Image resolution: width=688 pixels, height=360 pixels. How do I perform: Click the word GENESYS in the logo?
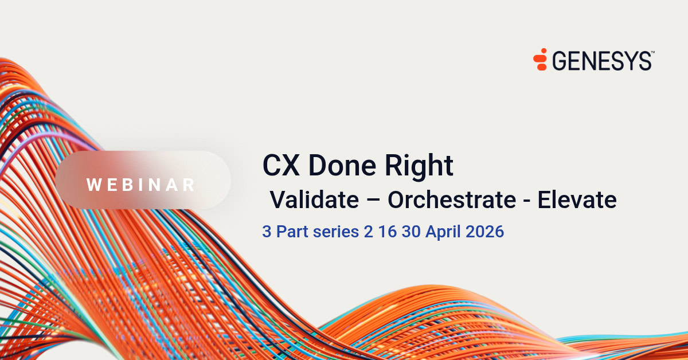601,60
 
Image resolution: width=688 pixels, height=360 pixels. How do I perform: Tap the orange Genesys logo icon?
540,60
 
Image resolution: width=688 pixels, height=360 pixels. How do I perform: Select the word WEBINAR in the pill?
141,185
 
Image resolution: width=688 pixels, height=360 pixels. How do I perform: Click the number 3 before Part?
267,232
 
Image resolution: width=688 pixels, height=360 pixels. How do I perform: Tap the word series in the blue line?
327,232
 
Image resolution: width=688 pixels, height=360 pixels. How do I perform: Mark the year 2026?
483,232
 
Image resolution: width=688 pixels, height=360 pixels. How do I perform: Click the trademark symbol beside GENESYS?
652,52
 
